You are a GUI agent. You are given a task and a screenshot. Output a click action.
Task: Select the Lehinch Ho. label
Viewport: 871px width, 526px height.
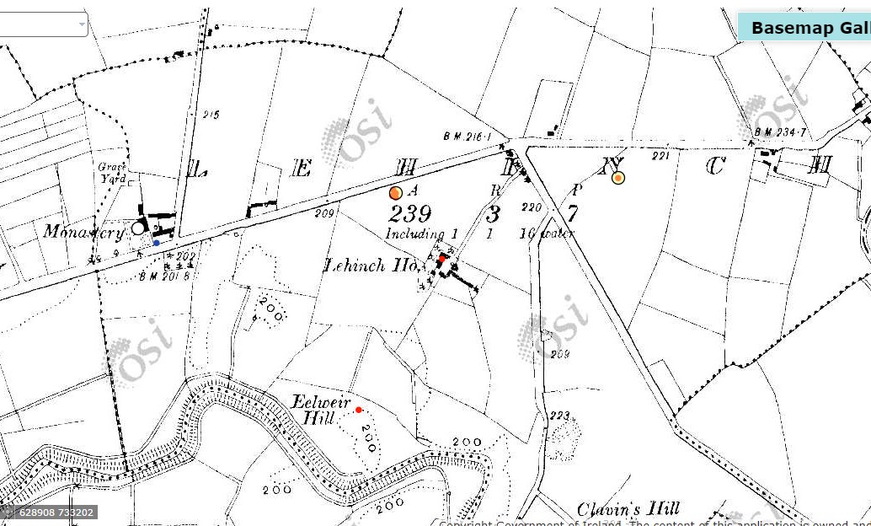(x=371, y=266)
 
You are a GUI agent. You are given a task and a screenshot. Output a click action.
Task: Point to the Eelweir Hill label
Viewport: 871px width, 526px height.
(x=321, y=409)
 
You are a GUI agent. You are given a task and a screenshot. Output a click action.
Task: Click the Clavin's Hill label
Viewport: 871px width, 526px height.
(x=628, y=509)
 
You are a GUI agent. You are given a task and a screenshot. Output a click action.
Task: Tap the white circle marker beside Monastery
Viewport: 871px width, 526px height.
(x=138, y=228)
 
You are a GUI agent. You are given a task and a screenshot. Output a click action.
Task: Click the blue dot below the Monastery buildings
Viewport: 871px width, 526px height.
(x=156, y=243)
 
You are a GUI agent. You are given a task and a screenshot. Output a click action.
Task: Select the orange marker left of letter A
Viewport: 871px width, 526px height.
(x=396, y=193)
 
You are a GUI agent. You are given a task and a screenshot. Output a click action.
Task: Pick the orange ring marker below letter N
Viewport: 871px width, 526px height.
(x=618, y=178)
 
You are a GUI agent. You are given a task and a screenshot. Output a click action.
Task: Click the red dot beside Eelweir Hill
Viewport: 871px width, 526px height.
(x=358, y=410)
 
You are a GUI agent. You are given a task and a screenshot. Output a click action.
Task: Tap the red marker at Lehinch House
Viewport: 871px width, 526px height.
(x=442, y=259)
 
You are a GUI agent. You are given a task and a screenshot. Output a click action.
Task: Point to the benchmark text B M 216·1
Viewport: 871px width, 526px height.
(x=473, y=136)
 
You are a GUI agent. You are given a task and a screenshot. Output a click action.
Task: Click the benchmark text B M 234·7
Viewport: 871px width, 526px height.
(x=781, y=132)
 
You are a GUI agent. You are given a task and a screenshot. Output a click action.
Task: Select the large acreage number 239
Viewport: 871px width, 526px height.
(x=410, y=213)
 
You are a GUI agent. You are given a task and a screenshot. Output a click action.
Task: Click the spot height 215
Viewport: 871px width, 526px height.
(x=211, y=115)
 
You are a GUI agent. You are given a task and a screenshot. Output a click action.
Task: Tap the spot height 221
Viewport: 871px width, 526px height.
(x=660, y=156)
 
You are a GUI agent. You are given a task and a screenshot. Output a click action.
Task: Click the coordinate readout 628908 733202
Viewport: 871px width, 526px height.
(x=51, y=512)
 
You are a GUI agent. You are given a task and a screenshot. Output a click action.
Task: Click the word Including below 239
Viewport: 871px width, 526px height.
(x=415, y=233)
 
